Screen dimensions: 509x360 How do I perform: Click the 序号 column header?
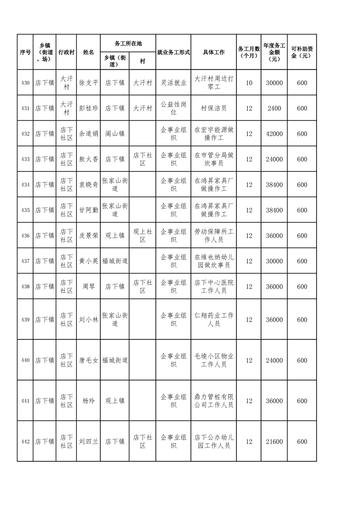25,52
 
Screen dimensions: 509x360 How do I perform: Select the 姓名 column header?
89,52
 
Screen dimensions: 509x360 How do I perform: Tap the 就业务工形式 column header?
173,52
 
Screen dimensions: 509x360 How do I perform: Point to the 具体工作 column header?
213,52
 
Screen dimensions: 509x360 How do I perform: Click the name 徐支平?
89,83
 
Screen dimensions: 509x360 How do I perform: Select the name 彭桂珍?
89,108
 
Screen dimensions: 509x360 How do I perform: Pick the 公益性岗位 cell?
173,108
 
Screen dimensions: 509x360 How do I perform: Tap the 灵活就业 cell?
173,83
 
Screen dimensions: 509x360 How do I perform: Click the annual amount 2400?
274,108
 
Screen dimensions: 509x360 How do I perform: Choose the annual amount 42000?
274,134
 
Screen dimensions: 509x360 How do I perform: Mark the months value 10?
249,83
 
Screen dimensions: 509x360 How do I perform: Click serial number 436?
25,236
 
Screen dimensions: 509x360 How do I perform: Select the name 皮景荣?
89,236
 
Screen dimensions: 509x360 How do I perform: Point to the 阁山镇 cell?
115,134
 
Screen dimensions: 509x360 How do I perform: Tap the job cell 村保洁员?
213,108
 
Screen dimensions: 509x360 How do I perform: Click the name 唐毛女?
89,361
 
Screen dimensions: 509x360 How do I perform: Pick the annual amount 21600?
274,442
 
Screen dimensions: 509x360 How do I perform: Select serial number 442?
25,442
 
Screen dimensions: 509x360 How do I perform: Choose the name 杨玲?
89,401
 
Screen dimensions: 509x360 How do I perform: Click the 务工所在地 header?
128,44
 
